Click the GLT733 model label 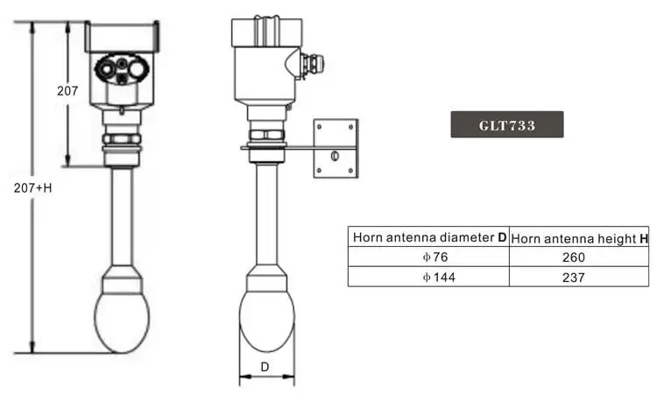click(x=507, y=124)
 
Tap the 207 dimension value click(x=67, y=91)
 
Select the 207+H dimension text click(x=32, y=188)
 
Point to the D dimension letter click(x=265, y=367)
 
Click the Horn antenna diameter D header click(x=429, y=237)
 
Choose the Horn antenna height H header click(x=580, y=239)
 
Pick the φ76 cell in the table click(x=435, y=257)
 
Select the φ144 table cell click(x=439, y=277)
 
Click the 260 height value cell click(x=574, y=257)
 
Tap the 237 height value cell click(x=574, y=277)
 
